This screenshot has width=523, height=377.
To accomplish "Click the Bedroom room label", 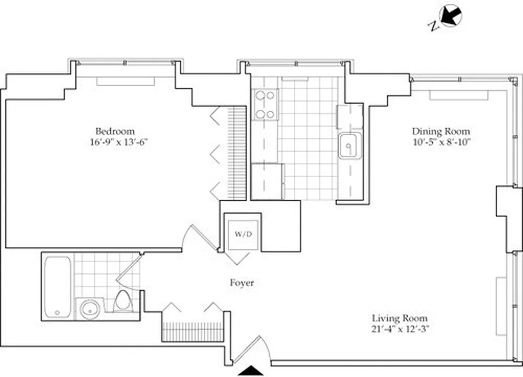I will pos(115,131).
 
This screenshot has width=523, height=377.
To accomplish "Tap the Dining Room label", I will pos(441,131).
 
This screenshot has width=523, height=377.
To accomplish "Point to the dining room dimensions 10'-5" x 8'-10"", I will pos(441,142).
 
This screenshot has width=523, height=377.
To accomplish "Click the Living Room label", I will pos(400,318).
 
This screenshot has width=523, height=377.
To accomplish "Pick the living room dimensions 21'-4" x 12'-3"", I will pos(400,329).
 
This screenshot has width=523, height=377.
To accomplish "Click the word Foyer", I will pos(242,283).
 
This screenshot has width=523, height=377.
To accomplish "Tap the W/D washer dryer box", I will pos(241,234).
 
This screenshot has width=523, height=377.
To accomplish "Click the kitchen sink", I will pos(349,146).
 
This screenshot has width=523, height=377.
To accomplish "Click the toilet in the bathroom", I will pos(123,302).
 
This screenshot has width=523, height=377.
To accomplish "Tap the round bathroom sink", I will pos(89,309).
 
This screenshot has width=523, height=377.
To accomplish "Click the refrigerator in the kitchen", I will pos(267,181).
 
